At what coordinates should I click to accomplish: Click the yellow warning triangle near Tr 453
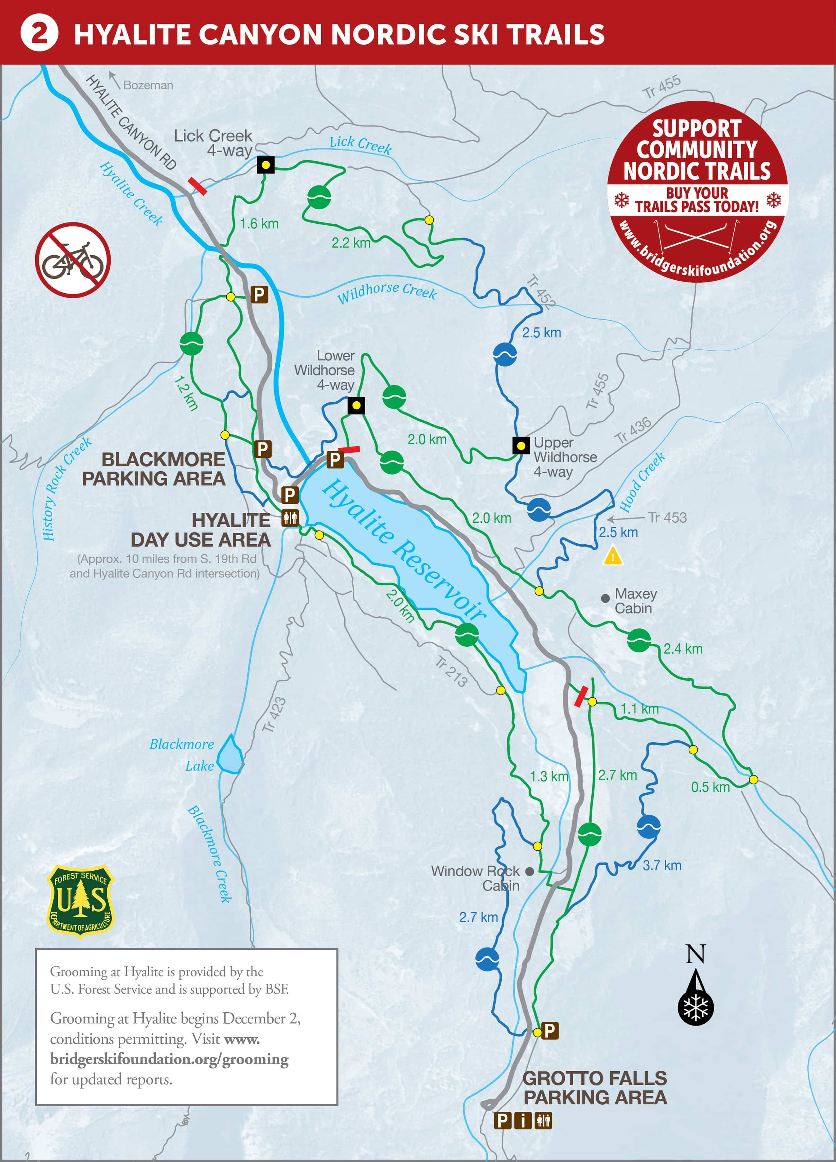click(613, 556)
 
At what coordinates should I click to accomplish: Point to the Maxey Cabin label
click(635, 600)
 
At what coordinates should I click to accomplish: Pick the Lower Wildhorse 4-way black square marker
click(356, 405)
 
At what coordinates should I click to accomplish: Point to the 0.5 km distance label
click(710, 787)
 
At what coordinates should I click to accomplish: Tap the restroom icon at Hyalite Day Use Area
click(290, 519)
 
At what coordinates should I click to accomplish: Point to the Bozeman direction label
click(148, 85)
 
